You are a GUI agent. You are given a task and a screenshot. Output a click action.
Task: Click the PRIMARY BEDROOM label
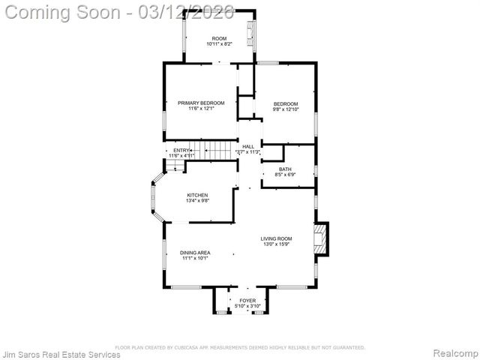click(x=196, y=103)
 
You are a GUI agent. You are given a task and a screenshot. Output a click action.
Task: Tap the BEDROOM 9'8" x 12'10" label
click(x=285, y=103)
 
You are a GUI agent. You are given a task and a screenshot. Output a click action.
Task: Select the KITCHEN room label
click(x=198, y=195)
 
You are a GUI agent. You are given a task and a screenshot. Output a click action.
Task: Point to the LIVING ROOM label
click(x=277, y=238)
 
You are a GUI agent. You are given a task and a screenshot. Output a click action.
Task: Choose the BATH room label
click(x=285, y=169)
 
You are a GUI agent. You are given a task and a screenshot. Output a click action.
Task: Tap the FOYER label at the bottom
click(x=247, y=300)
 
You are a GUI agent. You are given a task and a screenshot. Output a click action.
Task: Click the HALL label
click(x=247, y=146)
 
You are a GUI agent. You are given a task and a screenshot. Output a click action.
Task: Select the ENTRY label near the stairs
click(x=181, y=151)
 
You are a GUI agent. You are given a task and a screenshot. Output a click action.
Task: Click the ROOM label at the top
click(x=219, y=38)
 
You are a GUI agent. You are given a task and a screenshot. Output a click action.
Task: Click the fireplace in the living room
click(x=320, y=238)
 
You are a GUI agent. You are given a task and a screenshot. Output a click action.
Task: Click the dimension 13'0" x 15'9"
click(x=277, y=244)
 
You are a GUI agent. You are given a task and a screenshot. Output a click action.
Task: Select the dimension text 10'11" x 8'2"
click(x=219, y=44)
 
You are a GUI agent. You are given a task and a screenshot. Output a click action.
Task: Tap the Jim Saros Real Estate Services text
click(x=61, y=354)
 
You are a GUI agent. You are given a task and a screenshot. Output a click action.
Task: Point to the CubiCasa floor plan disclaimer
click(x=240, y=347)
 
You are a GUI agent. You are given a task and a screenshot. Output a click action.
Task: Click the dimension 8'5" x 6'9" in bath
click(x=285, y=175)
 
